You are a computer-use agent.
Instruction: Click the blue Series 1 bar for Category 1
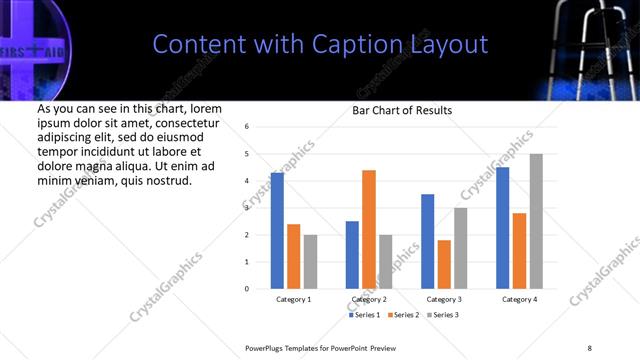(277, 231)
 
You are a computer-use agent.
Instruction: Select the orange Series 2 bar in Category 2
(369, 229)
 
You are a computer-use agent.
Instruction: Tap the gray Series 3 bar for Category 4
(536, 221)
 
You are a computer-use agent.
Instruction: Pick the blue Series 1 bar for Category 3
(428, 241)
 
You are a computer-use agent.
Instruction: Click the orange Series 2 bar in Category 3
(444, 264)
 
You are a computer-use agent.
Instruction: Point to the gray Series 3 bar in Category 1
(310, 262)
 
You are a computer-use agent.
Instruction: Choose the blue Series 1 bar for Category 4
(503, 228)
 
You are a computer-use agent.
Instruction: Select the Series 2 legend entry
(402, 315)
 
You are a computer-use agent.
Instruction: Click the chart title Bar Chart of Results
(402, 110)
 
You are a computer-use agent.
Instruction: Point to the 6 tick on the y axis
(247, 127)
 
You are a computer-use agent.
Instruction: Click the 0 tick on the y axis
(247, 289)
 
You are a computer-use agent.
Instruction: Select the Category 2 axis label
(369, 299)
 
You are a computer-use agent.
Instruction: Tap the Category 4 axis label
(519, 299)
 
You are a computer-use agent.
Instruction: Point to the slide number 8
(589, 346)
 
